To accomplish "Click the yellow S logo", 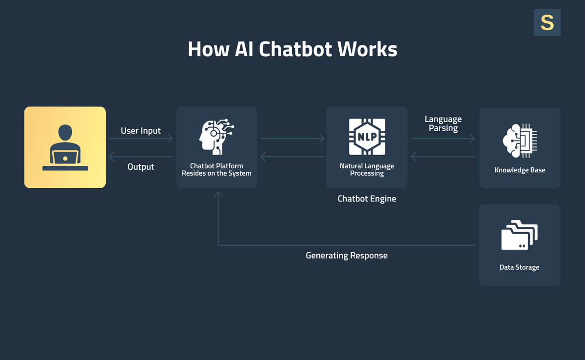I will (x=547, y=22).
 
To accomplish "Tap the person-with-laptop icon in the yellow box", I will (x=65, y=148).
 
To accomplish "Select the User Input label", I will (x=141, y=131).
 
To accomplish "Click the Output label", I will (x=141, y=167).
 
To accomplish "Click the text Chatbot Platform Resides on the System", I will (x=216, y=170).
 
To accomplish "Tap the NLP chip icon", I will (x=367, y=137).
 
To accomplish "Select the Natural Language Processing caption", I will (x=367, y=170).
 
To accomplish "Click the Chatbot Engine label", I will (x=367, y=199).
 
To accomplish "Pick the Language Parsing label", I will (x=443, y=123).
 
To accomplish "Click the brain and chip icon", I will (x=520, y=140).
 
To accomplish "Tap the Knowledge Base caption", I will (x=520, y=170).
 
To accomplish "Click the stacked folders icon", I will (x=519, y=236).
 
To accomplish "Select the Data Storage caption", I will (x=519, y=267).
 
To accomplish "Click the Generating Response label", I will (x=346, y=256).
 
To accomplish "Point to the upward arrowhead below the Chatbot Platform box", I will (x=218, y=195).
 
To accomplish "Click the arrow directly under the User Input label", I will (x=141, y=139).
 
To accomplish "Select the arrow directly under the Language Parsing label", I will (x=443, y=139).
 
